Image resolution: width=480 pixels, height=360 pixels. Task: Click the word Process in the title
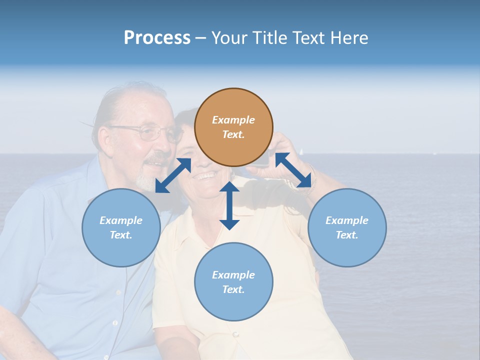(157, 38)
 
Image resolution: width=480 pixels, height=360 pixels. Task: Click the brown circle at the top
(233, 127)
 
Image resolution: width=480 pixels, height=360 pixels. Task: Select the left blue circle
(121, 227)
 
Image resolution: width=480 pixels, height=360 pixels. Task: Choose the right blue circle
(347, 227)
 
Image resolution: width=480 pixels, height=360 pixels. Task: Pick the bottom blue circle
(233, 282)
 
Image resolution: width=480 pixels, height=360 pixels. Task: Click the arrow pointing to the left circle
(173, 175)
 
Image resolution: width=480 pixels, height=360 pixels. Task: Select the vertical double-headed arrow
(229, 205)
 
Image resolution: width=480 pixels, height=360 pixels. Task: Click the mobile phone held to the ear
(261, 159)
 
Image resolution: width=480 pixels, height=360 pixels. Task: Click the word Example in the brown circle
(233, 120)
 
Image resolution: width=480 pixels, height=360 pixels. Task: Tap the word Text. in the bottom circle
(233, 289)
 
